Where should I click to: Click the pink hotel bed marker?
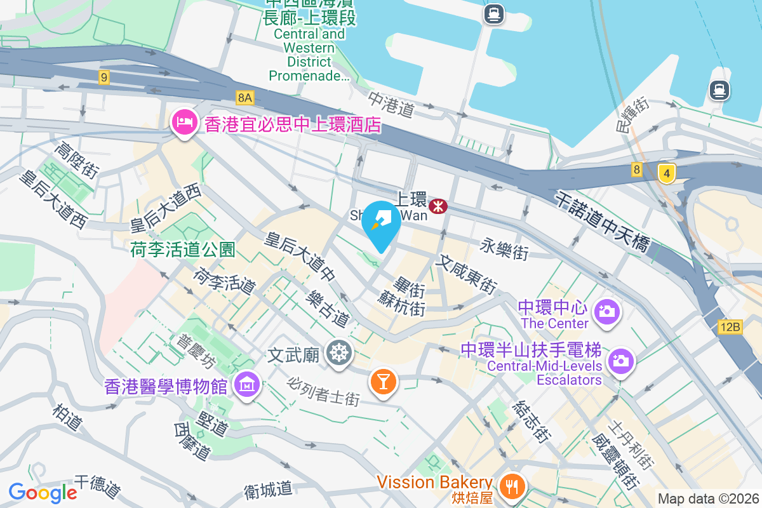click(184, 122)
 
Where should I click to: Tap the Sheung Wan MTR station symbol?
click(438, 205)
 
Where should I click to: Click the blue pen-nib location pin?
click(381, 224)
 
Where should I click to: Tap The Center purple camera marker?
click(607, 311)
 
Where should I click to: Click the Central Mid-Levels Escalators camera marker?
click(620, 361)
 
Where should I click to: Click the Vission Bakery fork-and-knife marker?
click(511, 486)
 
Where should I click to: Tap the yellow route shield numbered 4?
click(665, 172)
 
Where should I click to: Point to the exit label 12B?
click(730, 327)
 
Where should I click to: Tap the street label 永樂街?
click(504, 249)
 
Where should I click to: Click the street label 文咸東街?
click(466, 273)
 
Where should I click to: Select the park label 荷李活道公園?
click(183, 250)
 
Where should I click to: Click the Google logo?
click(43, 492)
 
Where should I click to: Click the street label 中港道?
click(391, 104)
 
